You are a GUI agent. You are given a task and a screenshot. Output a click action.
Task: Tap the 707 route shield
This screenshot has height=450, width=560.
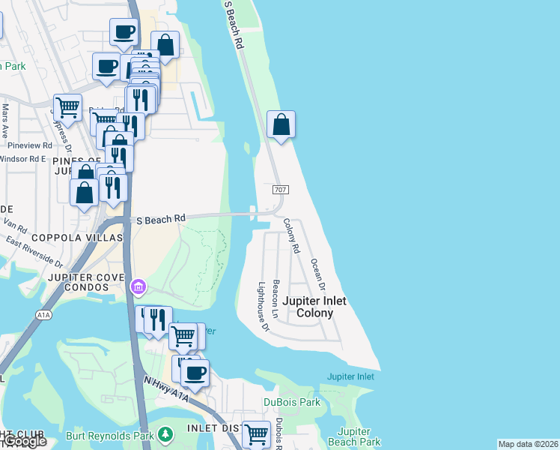(278, 190)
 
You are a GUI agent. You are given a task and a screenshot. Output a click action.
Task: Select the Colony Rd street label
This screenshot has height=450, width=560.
(291, 235)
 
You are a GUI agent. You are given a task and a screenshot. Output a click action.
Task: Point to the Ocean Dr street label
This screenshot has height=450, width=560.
(318, 275)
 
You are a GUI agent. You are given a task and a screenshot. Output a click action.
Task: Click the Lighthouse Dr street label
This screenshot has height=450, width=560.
(263, 306)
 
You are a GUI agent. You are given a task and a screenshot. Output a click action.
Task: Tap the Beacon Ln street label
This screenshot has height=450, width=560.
(276, 297)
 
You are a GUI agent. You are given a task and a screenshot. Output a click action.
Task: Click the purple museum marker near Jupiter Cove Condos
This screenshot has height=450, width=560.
(138, 286)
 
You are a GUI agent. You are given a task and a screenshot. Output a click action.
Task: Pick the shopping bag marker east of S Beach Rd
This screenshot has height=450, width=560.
(281, 124)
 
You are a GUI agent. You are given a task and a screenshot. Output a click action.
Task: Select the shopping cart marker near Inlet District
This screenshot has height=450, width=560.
(256, 433)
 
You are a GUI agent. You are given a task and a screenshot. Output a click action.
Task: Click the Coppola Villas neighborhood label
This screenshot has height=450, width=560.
(77, 237)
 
